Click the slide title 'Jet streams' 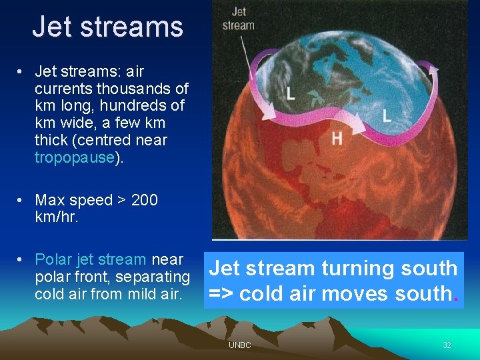pos(107,27)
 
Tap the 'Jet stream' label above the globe pos(239,19)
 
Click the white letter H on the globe pos(337,138)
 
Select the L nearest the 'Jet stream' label pos(290,93)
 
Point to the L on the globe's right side pos(386,114)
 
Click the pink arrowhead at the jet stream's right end pos(434,67)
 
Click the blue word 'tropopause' pos(75,157)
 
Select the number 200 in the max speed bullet pos(145,200)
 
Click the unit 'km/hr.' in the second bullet pos(57,217)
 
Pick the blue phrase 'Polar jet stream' pos(90,259)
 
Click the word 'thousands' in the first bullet pos(131,89)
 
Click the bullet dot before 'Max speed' pos(22,200)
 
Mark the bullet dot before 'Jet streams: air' pos(22,71)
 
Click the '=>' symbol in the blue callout pos(221,293)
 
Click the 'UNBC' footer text pos(239,345)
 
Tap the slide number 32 pos(447,345)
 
